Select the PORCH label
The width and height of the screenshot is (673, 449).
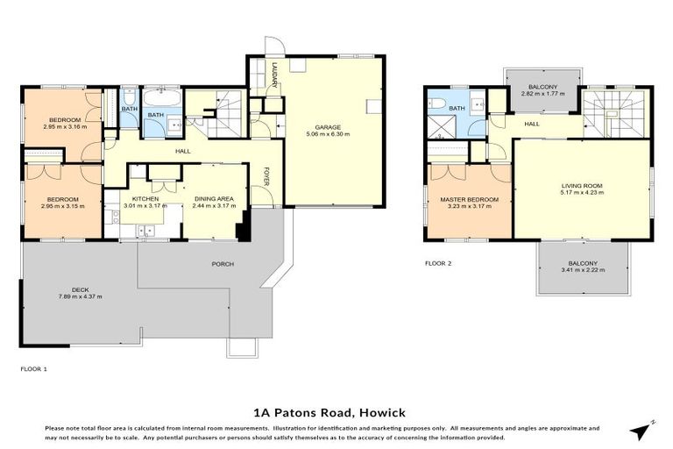[x=223, y=263]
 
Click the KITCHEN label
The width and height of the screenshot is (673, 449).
[x=145, y=199]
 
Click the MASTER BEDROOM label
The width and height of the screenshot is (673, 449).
[x=469, y=200]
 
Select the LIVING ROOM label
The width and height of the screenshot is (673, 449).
[x=582, y=186]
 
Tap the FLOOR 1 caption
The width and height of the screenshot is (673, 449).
[x=33, y=369]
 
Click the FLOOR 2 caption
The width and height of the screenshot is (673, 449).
[x=438, y=262]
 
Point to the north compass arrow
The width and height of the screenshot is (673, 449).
[x=642, y=430]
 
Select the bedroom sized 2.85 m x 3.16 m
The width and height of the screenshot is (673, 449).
[x=65, y=122]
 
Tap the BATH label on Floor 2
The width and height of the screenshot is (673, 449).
[x=457, y=108]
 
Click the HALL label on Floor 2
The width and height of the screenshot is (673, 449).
[x=532, y=124]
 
